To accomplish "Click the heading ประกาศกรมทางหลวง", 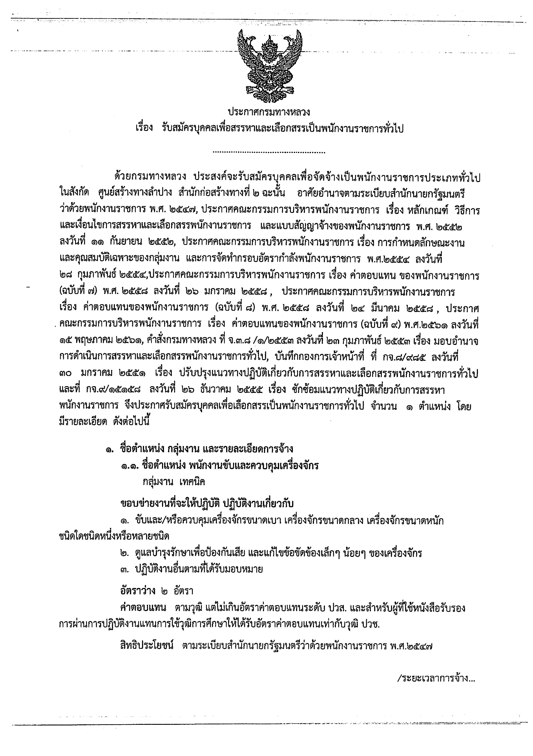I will (269, 113).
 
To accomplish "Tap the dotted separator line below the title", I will (269, 152).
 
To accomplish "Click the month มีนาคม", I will (384, 308).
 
